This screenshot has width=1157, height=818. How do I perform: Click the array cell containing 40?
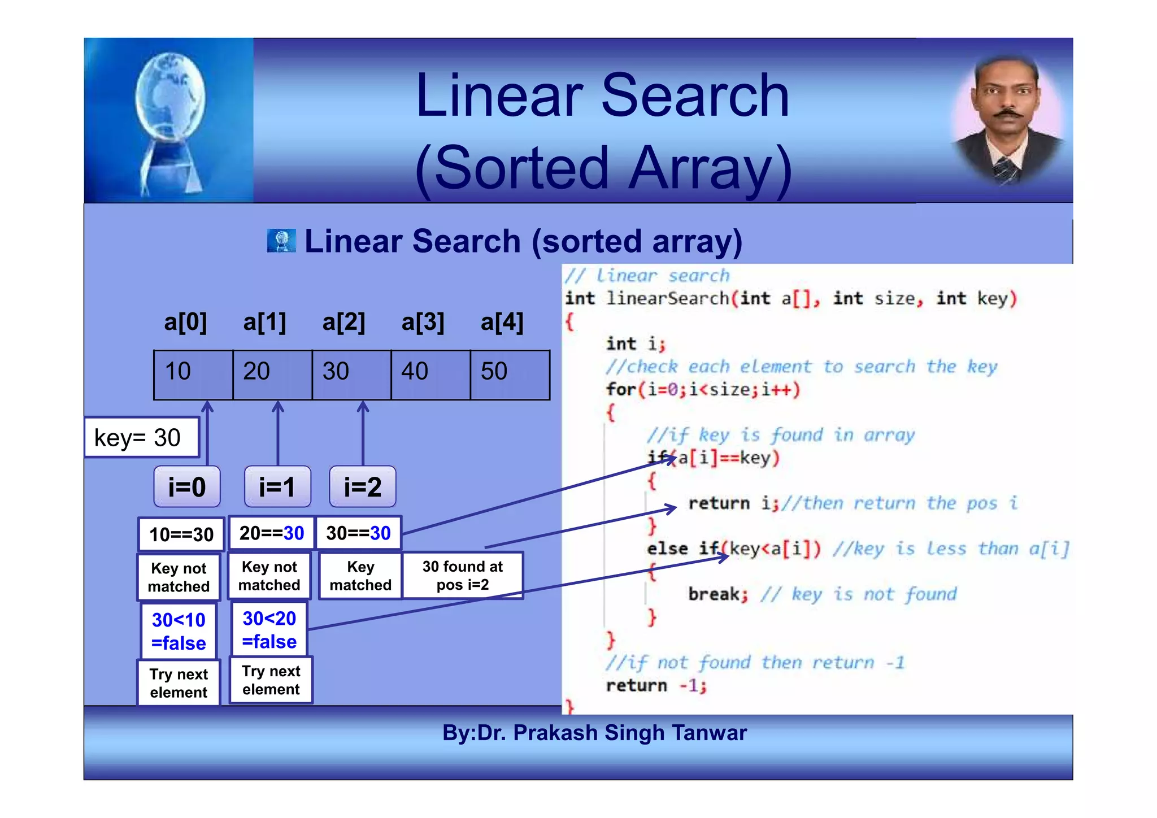pos(430,375)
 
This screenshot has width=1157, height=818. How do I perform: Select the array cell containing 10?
pos(193,375)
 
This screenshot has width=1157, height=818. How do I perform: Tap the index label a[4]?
pos(502,322)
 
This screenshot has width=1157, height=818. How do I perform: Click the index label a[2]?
pos(343,322)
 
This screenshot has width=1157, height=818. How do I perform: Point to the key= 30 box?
pos(141,437)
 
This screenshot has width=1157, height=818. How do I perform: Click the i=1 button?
pos(277,486)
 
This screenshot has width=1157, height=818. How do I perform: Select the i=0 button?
pos(187,486)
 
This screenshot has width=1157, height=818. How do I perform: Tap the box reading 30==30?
pos(358,533)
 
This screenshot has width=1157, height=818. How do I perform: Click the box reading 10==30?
pos(181,534)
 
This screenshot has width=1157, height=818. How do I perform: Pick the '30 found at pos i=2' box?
pos(462,575)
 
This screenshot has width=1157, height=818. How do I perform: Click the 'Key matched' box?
pos(360,575)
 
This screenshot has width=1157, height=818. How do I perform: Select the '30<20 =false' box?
pos(269,629)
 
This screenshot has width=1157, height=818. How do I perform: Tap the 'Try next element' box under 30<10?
pos(179,682)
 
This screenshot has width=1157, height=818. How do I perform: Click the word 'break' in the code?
pos(714,594)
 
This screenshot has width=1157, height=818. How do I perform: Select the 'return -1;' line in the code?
pos(656,685)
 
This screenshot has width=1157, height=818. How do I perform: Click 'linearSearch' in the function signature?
pos(667,298)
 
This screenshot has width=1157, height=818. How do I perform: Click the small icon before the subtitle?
pos(281,241)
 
